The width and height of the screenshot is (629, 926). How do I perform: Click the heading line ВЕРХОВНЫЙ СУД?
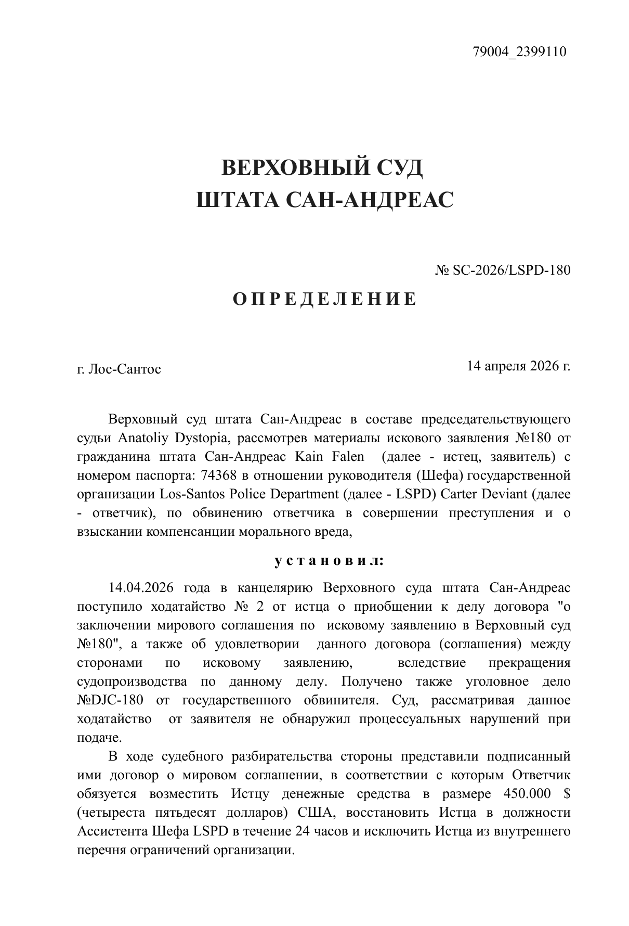(322, 168)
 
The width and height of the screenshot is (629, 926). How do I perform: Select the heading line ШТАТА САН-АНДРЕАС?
(325, 200)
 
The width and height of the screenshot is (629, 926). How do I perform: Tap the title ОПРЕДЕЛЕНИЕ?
(324, 299)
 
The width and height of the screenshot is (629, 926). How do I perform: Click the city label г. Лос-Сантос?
(119, 369)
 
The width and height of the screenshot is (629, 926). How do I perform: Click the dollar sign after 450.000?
(566, 794)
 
